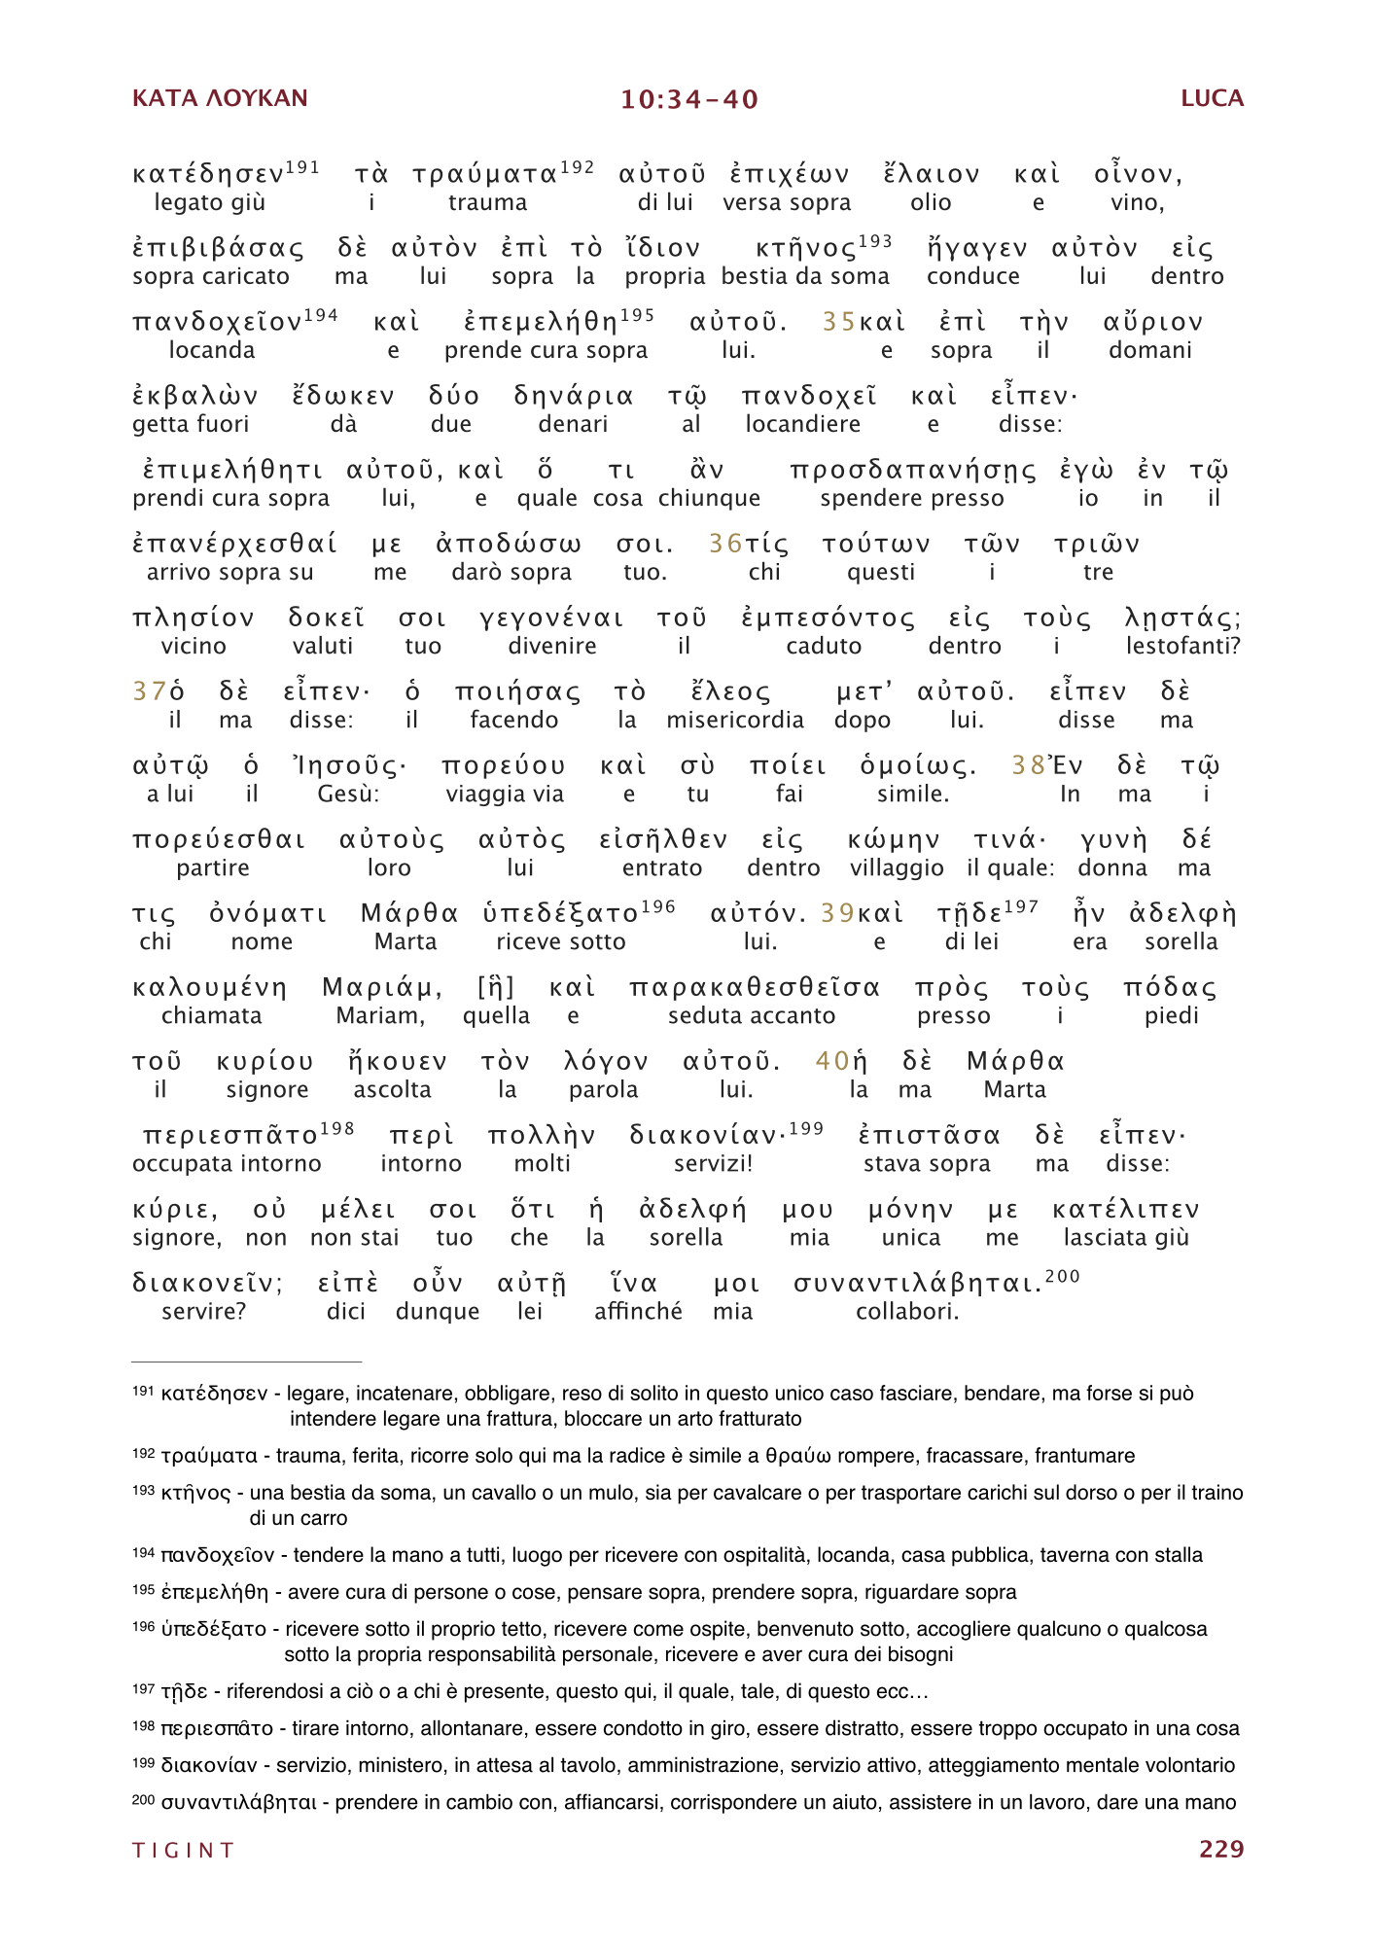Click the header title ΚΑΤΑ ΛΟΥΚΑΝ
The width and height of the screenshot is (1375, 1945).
click(220, 98)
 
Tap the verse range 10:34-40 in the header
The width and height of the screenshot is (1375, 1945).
click(689, 99)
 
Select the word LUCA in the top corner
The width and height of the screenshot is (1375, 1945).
click(1212, 98)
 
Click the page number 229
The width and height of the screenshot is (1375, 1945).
click(1221, 1849)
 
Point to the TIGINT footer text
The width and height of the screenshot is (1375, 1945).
click(184, 1850)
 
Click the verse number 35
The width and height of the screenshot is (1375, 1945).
click(838, 322)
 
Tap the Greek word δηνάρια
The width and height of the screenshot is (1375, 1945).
click(574, 397)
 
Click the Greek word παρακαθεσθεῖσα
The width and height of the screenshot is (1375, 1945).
click(754, 988)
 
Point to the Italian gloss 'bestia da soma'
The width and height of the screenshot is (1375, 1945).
click(805, 276)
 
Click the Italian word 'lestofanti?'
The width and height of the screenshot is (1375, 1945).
click(1182, 646)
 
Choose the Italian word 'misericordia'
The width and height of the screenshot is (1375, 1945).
click(735, 720)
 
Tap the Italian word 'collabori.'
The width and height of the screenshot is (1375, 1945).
click(907, 1311)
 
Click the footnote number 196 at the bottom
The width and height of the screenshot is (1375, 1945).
click(143, 1627)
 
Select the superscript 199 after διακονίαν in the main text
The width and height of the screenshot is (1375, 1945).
click(806, 1128)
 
